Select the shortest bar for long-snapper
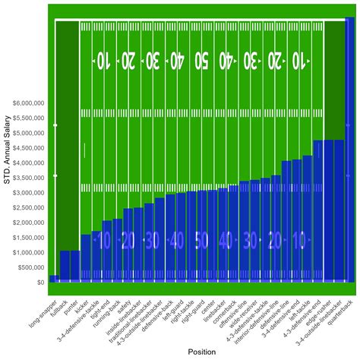coord(54,279)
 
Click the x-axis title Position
coord(201,352)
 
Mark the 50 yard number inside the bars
coord(201,241)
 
